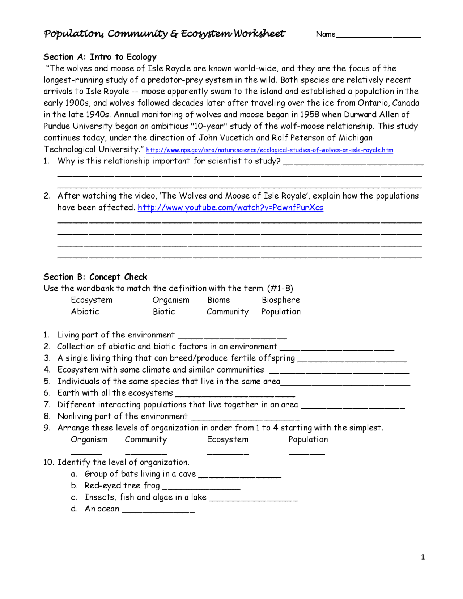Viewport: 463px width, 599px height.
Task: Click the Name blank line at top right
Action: tap(378, 36)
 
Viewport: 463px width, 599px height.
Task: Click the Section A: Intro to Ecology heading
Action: tap(100, 57)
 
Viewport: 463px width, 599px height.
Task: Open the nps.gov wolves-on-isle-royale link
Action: tap(269, 150)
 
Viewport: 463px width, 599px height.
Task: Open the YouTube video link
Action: tap(230, 208)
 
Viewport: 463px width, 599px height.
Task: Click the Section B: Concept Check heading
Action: tap(95, 277)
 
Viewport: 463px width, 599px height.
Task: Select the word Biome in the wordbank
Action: tap(218, 300)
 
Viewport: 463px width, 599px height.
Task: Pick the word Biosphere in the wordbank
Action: tap(281, 300)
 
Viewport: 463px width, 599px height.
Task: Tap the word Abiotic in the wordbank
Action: tap(85, 312)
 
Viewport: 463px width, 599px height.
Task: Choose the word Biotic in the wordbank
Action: tap(163, 312)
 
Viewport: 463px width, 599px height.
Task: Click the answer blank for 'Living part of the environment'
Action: tap(232, 337)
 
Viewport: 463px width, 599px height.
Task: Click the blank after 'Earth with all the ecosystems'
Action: tap(235, 395)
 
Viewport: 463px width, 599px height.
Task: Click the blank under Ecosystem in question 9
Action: tap(228, 452)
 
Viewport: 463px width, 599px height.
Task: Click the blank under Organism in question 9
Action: tap(86, 452)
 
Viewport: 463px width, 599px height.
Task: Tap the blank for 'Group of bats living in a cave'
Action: tap(240, 476)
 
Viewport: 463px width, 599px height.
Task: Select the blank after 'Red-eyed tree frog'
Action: tap(201, 488)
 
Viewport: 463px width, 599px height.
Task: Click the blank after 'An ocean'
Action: tap(158, 511)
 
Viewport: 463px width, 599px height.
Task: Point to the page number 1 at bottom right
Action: tap(423, 557)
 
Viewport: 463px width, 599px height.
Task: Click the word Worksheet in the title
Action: tap(259, 34)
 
